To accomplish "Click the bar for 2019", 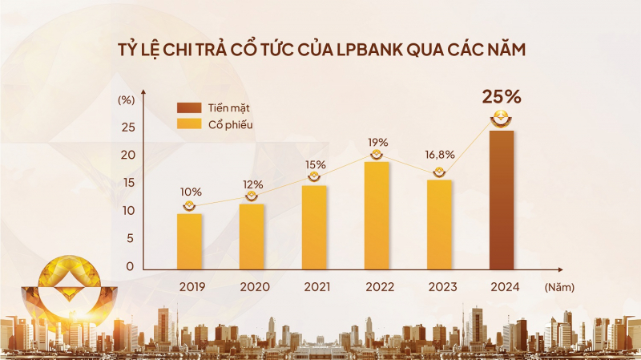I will click(x=189, y=241).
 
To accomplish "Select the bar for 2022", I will click(x=377, y=216).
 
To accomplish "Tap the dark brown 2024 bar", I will click(x=502, y=200).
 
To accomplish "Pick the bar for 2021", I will click(x=314, y=228).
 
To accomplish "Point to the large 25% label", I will click(x=502, y=97).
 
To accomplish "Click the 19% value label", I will click(x=377, y=142).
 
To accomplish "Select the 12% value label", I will click(x=252, y=184).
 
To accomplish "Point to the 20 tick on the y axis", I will click(x=127, y=155).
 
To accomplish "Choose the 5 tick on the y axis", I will click(x=130, y=238).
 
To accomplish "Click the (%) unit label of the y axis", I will click(x=127, y=100).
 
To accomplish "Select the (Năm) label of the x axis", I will click(x=559, y=286).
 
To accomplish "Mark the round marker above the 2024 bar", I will click(x=502, y=121).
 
